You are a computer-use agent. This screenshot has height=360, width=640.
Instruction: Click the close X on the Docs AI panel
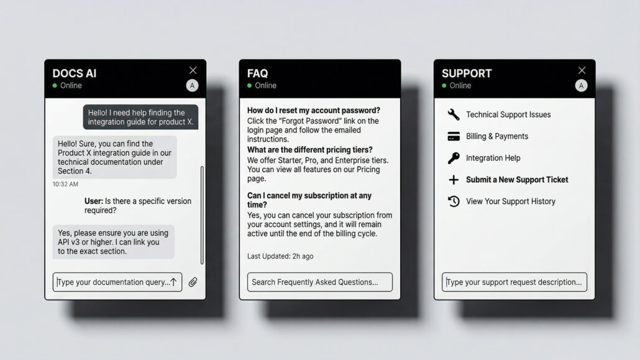coord(193,70)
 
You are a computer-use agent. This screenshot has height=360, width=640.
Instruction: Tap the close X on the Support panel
coord(582,70)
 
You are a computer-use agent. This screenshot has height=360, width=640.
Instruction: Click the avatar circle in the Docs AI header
coord(192,85)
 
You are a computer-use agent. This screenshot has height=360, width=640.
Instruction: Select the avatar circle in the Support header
coord(581,85)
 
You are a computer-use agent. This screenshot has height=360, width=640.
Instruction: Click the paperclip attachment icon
coord(193,282)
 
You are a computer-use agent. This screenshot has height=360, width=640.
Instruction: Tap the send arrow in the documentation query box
coord(173,282)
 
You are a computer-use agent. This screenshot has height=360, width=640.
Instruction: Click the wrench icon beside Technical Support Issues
coord(454,114)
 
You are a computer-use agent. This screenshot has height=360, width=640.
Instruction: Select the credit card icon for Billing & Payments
coord(454,136)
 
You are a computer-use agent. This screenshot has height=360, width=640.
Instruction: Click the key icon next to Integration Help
coord(454,158)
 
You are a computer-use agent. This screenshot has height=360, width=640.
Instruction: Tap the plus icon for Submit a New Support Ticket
coord(454,180)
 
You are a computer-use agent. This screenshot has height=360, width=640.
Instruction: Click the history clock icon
coord(454,201)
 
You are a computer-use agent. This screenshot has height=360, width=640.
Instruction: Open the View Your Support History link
coord(511,201)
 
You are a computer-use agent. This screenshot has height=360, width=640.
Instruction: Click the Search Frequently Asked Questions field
coord(319,282)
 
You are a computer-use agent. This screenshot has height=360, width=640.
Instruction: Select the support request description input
coord(514,282)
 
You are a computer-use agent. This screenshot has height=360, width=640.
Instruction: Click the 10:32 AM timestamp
coord(65,184)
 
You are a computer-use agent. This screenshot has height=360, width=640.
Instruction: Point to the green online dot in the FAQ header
coord(249,85)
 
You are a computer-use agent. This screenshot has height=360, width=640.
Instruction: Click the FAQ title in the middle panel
coord(257,73)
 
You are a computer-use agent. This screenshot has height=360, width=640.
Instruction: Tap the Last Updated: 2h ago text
coord(280,256)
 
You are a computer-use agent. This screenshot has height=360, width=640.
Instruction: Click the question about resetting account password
coord(313,110)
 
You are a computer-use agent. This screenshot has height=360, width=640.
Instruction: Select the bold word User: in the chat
coord(93,201)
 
